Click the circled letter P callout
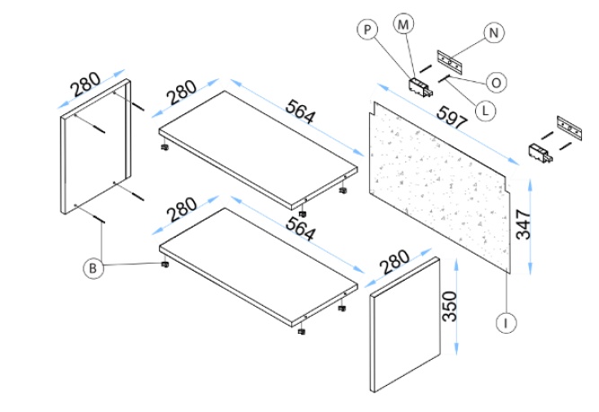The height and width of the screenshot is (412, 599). point(366,30)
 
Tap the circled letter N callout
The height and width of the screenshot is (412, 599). point(493,32)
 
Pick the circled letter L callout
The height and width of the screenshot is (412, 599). point(484,112)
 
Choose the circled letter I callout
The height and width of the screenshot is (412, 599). point(507,320)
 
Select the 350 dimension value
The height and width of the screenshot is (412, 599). point(451,308)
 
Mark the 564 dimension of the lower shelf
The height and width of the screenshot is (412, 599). point(300,229)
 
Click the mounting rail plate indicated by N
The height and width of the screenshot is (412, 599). point(450,61)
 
